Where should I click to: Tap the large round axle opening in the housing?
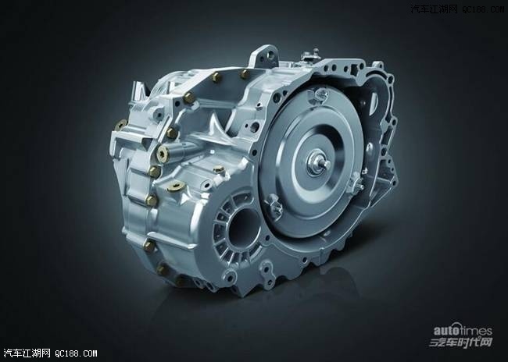click(244, 229)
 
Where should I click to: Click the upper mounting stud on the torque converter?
click(320, 94)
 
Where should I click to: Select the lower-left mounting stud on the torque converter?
click(274, 207)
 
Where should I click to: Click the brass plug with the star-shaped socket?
click(162, 154)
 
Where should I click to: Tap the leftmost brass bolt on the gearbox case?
click(120, 124)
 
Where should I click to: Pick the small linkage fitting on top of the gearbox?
click(311, 55)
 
